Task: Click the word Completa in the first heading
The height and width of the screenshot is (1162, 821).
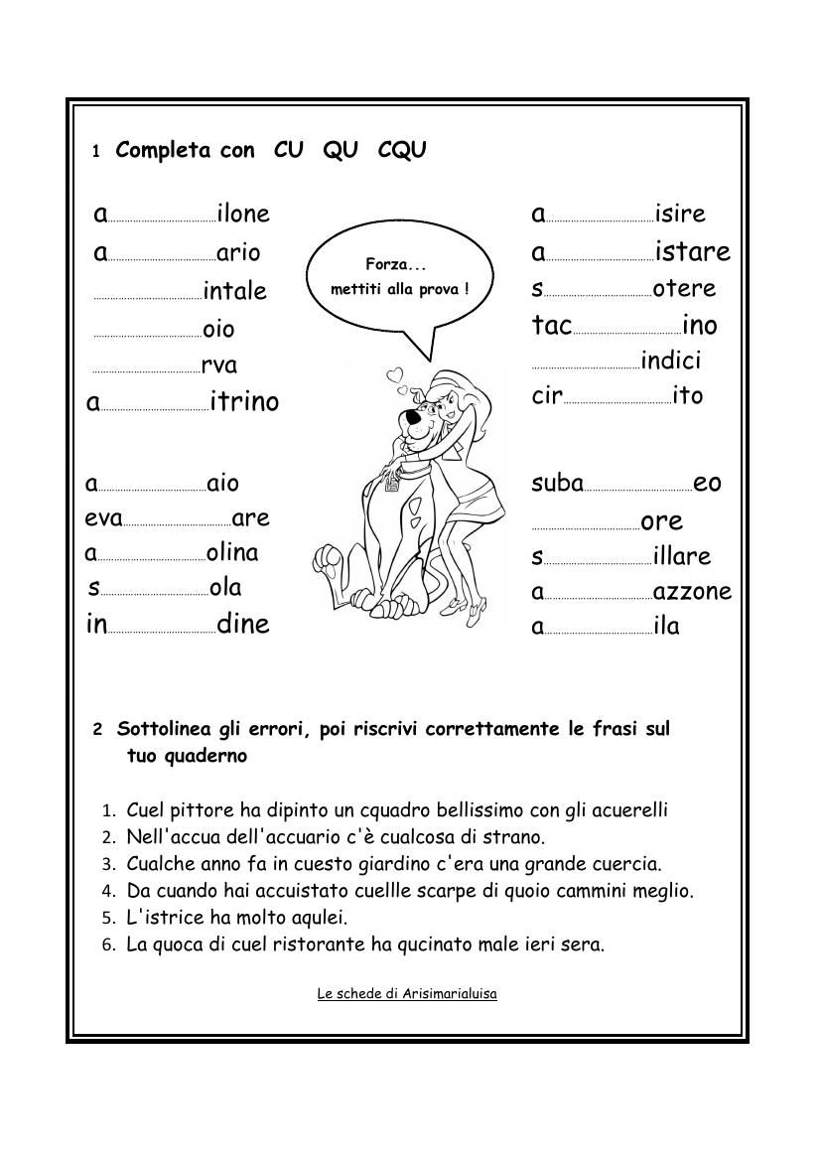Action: tap(163, 150)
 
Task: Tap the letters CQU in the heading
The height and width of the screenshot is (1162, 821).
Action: tap(402, 150)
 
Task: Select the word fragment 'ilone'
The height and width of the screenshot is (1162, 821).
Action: tap(243, 214)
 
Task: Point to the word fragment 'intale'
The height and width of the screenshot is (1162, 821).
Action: tap(235, 291)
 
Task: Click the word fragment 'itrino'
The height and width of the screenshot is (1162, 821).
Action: tap(245, 402)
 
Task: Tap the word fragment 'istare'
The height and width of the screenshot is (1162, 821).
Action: tap(692, 252)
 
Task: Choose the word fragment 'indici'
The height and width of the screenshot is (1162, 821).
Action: tap(671, 361)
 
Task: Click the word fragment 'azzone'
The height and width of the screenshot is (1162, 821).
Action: tap(692, 592)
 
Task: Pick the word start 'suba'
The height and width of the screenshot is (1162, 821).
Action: tap(558, 484)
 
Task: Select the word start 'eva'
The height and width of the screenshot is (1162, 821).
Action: tap(103, 518)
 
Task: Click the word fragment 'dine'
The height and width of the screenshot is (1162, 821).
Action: tap(243, 624)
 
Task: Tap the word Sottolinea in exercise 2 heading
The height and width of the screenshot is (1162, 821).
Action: tap(164, 729)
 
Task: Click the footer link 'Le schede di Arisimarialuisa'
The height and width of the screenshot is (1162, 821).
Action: tap(407, 993)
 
